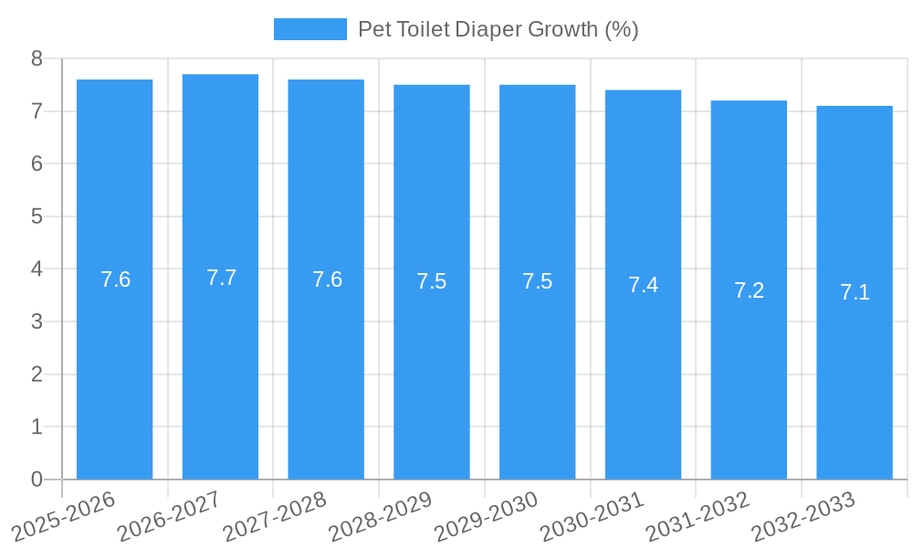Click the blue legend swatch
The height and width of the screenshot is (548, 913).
310,29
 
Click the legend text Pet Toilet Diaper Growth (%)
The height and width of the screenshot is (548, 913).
498,29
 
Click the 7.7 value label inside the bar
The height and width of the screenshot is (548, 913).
221,278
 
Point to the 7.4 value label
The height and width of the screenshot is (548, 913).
643,285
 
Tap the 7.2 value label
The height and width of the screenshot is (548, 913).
749,290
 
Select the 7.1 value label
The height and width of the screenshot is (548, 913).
855,292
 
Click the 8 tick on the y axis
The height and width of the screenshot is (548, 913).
37,58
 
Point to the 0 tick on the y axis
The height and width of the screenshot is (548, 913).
37,479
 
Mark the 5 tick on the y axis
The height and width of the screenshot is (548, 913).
37,216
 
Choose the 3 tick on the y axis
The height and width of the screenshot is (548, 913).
37,321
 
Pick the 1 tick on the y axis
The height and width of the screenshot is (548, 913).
37,427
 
